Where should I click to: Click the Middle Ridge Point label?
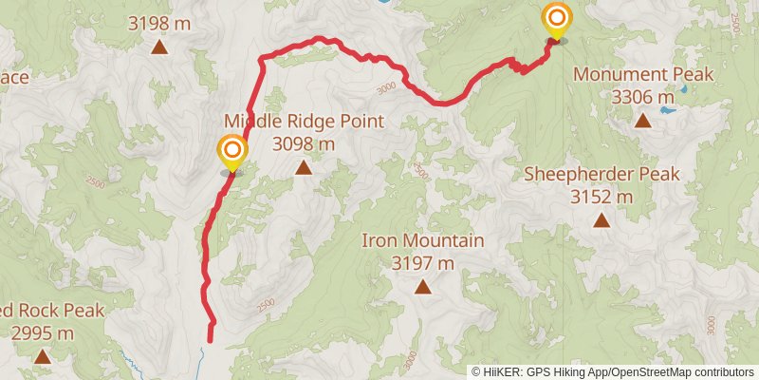point(304,122)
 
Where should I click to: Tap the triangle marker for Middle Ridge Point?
point(303,168)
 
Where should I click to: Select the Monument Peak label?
point(643,74)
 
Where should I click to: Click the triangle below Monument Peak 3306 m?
point(643,120)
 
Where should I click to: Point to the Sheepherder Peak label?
point(602,174)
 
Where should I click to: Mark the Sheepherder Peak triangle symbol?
point(602,220)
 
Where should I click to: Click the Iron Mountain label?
point(423,240)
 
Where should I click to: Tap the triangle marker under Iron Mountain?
point(422,286)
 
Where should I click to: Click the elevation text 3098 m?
point(304,144)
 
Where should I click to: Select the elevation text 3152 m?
point(602,197)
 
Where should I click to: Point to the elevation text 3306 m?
point(643,97)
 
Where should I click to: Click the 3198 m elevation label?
point(159,19)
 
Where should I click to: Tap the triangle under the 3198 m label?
point(159,45)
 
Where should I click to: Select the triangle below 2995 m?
point(42,356)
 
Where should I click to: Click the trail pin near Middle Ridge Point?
point(231,152)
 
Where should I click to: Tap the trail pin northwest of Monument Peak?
point(556,20)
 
